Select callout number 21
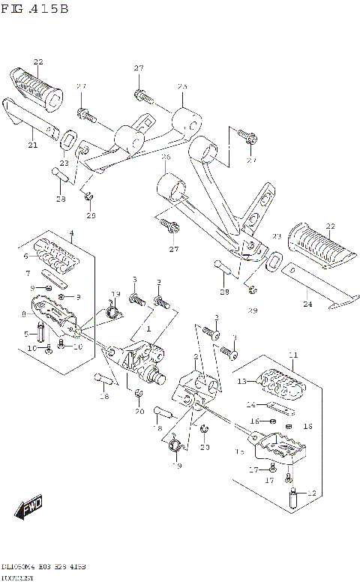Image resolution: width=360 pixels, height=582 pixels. [32, 145]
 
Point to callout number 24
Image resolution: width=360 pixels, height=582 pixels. [307, 304]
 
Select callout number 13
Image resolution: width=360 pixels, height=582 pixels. [242, 382]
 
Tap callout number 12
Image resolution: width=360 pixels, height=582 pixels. [313, 493]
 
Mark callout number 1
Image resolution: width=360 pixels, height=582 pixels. [148, 328]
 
